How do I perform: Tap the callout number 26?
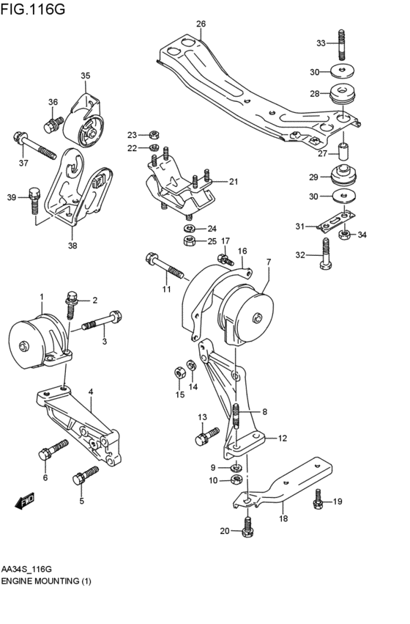coord(201,24)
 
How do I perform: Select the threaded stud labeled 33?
coord(341,43)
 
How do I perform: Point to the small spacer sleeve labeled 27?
coord(342,152)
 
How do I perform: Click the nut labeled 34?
coord(344,235)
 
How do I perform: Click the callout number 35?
coord(85,76)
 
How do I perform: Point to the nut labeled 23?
coord(153,135)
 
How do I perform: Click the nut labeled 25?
coord(188,241)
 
